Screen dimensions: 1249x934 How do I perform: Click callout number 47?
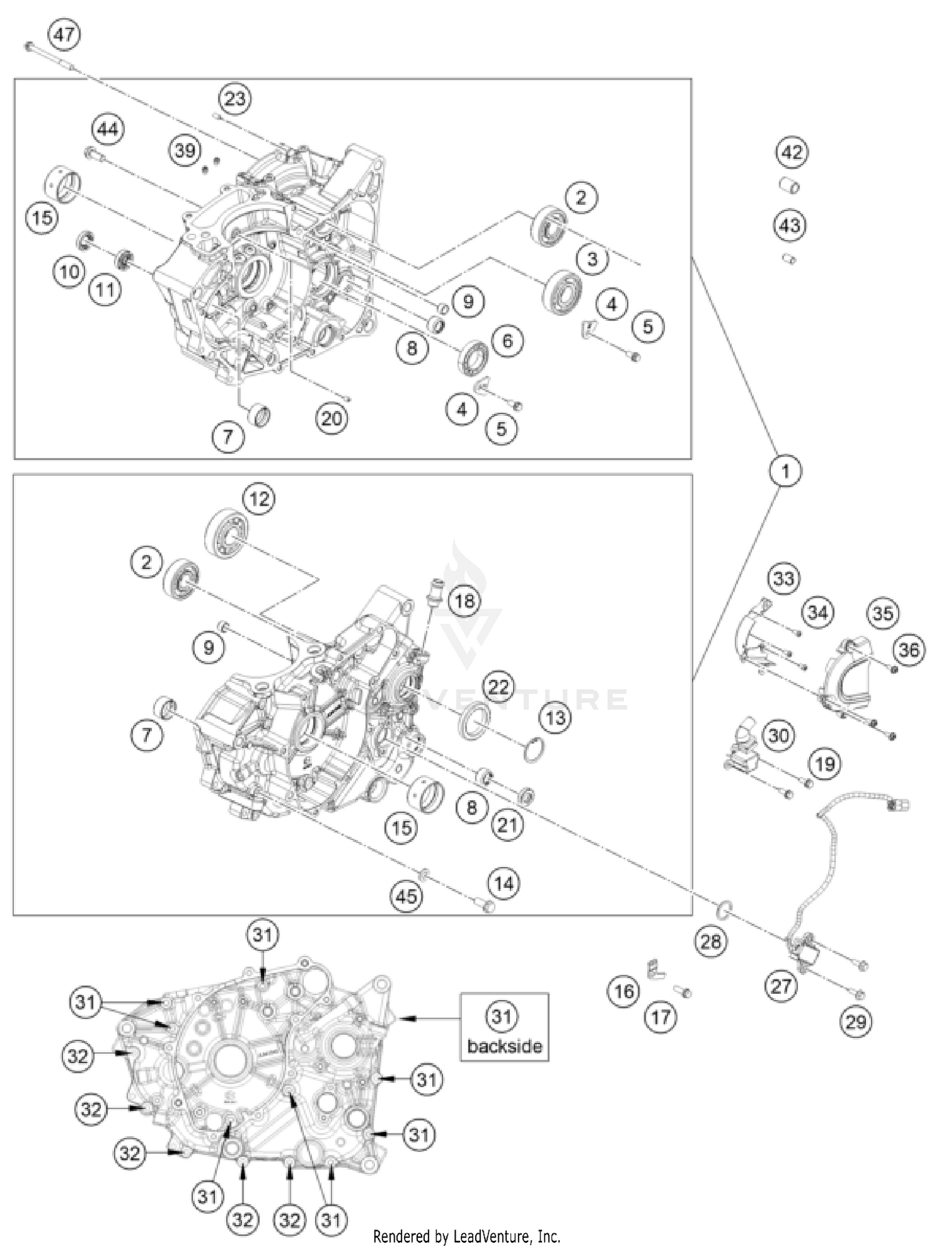click(x=64, y=34)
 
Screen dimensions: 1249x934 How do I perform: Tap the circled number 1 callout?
click(x=785, y=471)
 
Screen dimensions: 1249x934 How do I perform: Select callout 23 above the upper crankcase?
click(x=235, y=98)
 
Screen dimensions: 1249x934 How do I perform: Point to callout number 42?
click(x=791, y=152)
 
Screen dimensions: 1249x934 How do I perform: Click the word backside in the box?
click(x=504, y=1046)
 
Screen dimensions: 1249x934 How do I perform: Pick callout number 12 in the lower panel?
click(x=259, y=498)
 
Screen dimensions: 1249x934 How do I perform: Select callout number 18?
click(x=464, y=601)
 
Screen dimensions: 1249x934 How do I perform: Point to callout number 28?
click(x=710, y=941)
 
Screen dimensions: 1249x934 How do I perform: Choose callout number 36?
click(x=908, y=650)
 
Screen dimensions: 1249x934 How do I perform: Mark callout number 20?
click(x=331, y=418)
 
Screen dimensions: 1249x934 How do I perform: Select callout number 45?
click(x=406, y=896)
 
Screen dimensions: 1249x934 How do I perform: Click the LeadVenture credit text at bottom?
click(x=466, y=1236)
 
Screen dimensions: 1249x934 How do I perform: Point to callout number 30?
click(x=778, y=735)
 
